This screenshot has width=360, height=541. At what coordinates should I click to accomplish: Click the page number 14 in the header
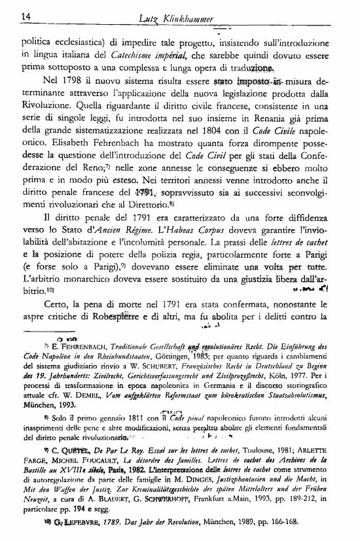coord(9,15)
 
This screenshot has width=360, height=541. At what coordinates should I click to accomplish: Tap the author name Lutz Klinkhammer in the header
coord(179,15)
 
